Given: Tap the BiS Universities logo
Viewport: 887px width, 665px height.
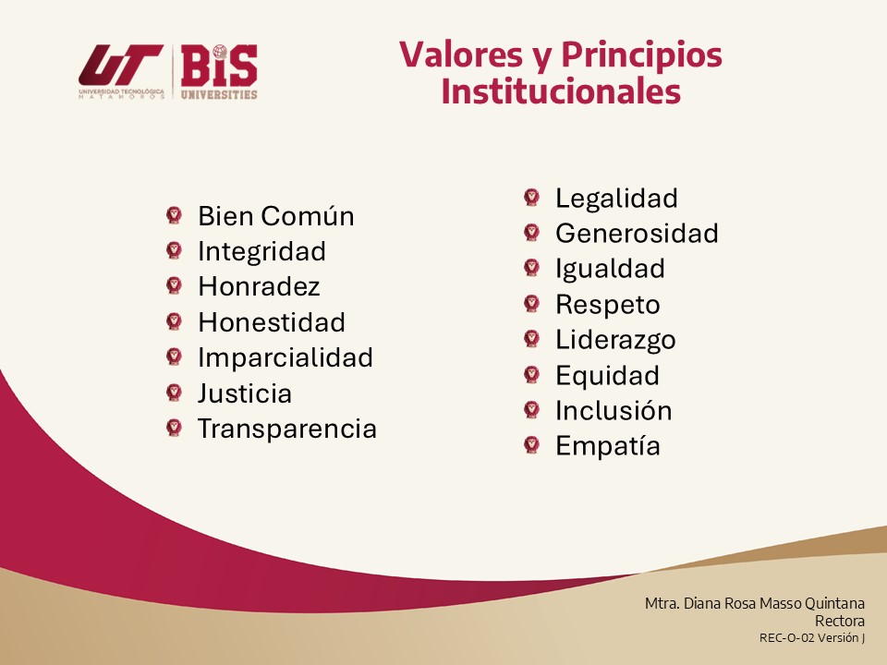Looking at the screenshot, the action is (x=219, y=72).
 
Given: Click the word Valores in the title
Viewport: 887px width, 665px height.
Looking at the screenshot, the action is (x=461, y=54).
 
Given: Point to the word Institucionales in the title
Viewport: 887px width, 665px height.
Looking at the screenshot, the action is (x=561, y=91).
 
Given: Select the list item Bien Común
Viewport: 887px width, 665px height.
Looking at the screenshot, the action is (x=276, y=216).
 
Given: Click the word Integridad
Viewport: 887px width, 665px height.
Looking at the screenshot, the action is (x=261, y=251).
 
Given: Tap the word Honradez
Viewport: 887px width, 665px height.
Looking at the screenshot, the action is (x=259, y=286).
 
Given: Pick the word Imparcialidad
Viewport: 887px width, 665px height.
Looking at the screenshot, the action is (x=286, y=358).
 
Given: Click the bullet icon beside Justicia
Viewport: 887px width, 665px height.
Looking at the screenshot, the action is (x=175, y=393).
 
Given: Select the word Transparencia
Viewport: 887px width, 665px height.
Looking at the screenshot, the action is (x=287, y=429).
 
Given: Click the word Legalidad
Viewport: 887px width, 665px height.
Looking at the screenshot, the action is (x=616, y=199).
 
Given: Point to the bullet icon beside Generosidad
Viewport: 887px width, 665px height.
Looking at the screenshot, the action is (x=532, y=233).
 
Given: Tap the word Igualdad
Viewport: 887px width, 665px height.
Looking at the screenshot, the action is (x=610, y=269).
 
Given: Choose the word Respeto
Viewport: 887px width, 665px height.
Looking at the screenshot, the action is (x=608, y=305).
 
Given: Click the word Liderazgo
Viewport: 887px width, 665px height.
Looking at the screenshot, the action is (x=615, y=340).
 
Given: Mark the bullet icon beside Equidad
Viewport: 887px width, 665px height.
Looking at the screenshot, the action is (x=532, y=374).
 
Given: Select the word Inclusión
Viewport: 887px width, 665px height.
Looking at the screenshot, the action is (x=614, y=410).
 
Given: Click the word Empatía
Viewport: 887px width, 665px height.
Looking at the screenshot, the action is (x=608, y=446).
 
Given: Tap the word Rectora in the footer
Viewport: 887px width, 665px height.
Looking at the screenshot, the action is (x=840, y=621).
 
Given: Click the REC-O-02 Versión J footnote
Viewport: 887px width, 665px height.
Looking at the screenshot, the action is (x=812, y=638).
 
